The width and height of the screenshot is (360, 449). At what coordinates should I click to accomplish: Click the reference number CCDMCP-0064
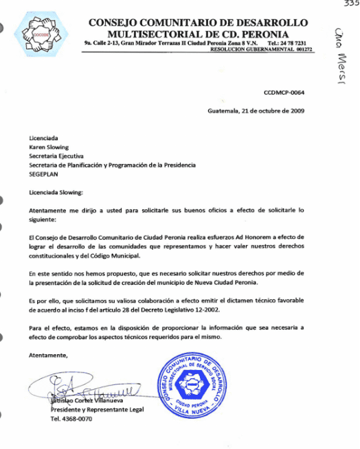click(x=284, y=92)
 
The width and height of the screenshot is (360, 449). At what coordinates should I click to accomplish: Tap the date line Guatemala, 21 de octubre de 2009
click(x=256, y=111)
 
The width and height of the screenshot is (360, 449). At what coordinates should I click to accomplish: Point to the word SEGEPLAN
click(x=44, y=174)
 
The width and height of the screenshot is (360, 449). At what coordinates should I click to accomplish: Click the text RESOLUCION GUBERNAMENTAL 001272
click(x=261, y=49)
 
